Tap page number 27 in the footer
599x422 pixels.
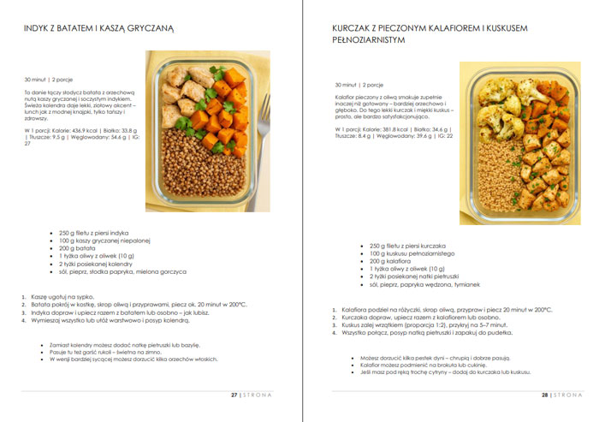pyautogui.click(x=234, y=395)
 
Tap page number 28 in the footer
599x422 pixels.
pyautogui.click(x=543, y=395)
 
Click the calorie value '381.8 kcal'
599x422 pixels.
pyautogui.click(x=392, y=128)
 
